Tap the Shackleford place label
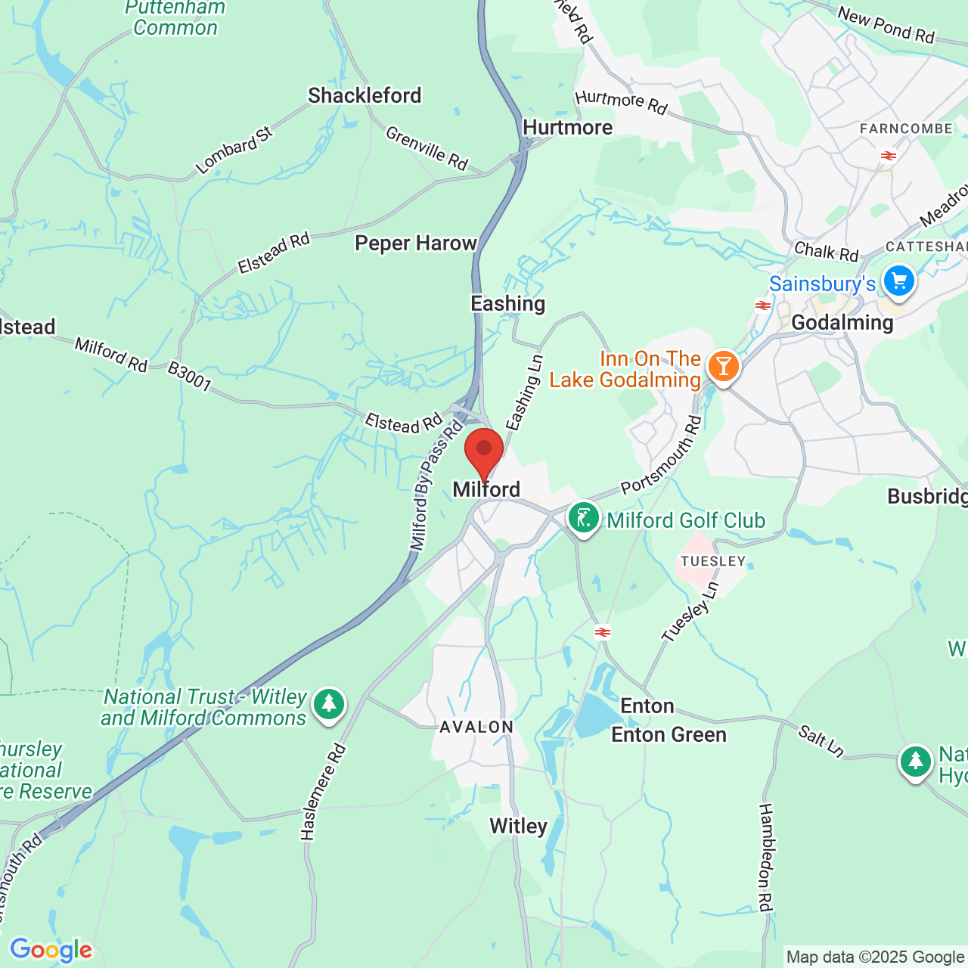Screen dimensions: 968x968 point(365,96)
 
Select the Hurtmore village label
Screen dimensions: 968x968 point(567,128)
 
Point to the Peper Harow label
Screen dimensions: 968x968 point(416,244)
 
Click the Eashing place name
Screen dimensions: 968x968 point(507,304)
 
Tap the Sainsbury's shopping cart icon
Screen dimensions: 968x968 point(898,281)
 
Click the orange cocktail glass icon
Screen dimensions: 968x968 point(723,367)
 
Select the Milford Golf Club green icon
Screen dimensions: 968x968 point(583,519)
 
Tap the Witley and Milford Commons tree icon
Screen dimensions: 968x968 point(328,704)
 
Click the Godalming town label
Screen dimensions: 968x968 point(842,323)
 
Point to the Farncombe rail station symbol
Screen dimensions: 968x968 point(888,156)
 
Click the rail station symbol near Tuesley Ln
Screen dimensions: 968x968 point(603,632)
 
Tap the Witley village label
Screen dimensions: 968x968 point(518,827)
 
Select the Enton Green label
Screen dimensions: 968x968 point(669,735)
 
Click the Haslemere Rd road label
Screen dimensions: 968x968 point(323,792)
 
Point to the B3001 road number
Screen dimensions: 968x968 point(189,376)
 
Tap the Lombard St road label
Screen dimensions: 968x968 point(234,151)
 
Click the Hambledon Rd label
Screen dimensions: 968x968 point(765,857)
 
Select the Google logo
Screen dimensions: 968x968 point(51,950)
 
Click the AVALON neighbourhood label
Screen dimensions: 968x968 point(476,727)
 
